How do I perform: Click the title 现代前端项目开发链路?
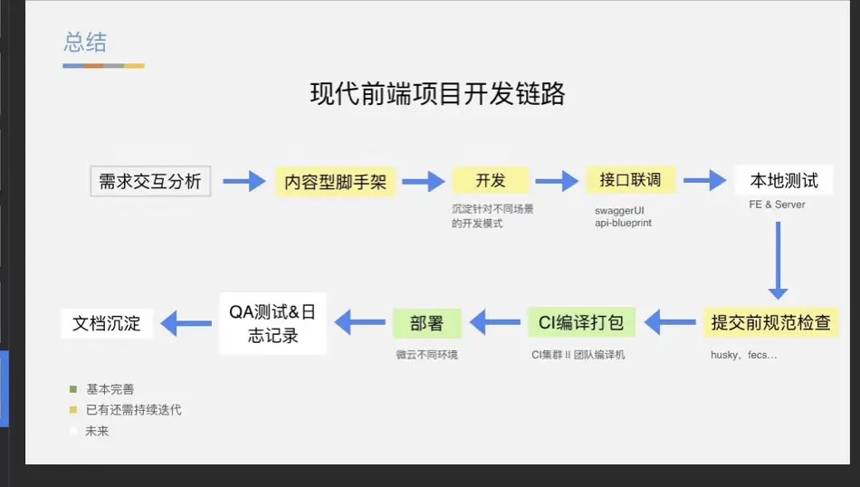click(x=437, y=94)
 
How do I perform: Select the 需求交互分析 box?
click(x=150, y=181)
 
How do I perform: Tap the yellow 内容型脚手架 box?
click(x=335, y=182)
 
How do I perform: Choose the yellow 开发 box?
click(x=490, y=180)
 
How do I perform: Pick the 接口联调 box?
click(x=630, y=180)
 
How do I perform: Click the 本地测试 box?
click(x=783, y=180)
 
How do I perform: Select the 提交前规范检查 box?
click(x=770, y=321)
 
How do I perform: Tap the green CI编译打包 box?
click(x=582, y=321)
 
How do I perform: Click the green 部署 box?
click(x=426, y=323)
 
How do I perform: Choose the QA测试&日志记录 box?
click(x=272, y=324)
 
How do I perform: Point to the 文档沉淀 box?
click(x=107, y=323)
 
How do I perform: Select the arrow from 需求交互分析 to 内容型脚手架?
click(x=242, y=182)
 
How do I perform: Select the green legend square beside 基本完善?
click(x=72, y=389)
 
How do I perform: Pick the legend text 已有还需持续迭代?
click(x=133, y=410)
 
